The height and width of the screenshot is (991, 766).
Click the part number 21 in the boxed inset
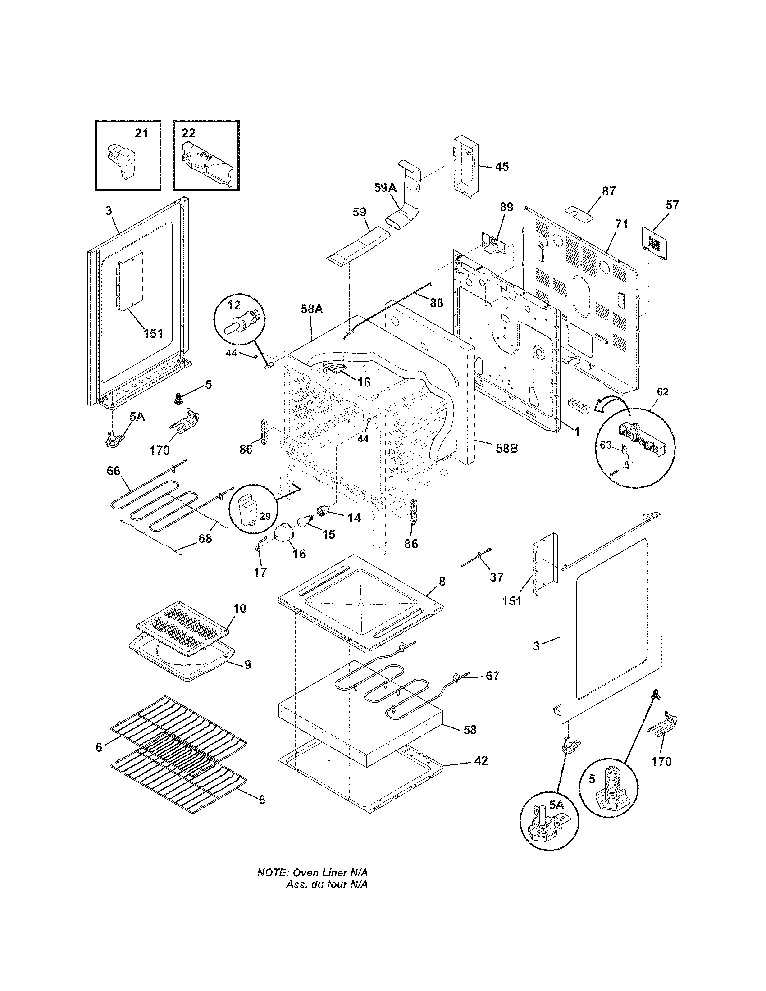[x=141, y=133]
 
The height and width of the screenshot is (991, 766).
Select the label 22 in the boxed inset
[x=189, y=133]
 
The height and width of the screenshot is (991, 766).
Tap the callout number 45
[x=501, y=167]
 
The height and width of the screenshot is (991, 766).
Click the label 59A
[x=385, y=187]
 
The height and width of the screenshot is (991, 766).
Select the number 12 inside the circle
[x=234, y=304]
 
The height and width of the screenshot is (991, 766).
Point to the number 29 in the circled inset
[x=264, y=516]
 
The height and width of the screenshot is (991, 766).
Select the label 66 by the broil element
[x=114, y=471]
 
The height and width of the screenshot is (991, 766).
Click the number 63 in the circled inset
[x=606, y=445]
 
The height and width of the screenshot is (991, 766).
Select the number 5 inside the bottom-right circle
[x=592, y=779]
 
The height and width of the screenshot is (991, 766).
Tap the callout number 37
[x=497, y=577]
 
